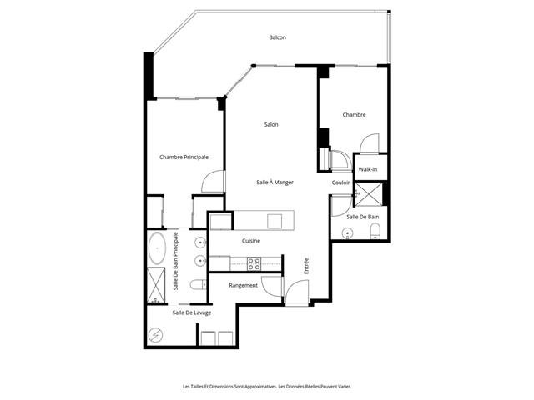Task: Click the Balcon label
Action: coord(278,37)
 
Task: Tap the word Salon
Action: coord(271,124)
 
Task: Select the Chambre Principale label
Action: coord(184,157)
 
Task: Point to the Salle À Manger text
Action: coord(275,182)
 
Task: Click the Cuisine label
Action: coord(251,241)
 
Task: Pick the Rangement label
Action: coord(232,285)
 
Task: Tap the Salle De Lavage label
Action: coord(192,312)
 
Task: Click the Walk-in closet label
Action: coord(368,169)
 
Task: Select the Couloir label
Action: coord(340,182)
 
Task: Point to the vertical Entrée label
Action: coord(307,265)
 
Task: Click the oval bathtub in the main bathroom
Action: coord(156,247)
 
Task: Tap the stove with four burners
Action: coord(253,263)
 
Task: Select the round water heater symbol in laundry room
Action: coord(156,335)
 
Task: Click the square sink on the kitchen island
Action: coord(275,220)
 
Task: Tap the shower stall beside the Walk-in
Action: coord(369,193)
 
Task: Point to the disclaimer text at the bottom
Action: coord(267,387)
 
